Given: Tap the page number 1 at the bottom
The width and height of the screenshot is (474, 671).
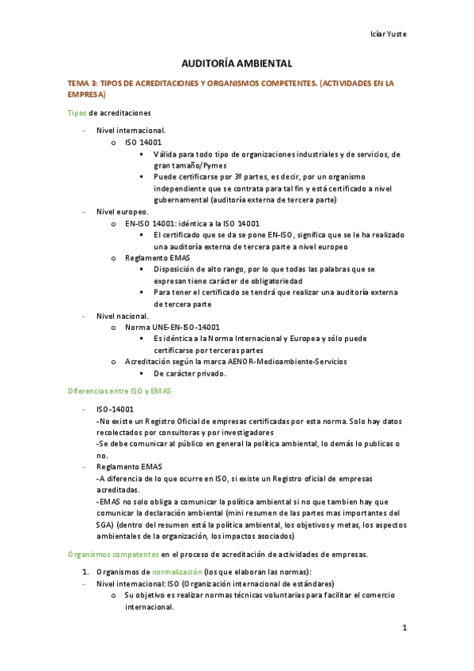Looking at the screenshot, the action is tap(404, 628).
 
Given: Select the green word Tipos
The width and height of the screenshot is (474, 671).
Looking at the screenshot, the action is tap(78, 112).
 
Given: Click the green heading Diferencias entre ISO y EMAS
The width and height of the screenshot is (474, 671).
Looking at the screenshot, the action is tap(119, 391).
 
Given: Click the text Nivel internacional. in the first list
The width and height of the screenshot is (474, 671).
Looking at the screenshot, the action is tap(131, 130).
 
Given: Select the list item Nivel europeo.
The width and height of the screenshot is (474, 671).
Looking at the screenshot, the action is tap(121, 211).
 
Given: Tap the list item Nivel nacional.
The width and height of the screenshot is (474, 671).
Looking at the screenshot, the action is tap(122, 316).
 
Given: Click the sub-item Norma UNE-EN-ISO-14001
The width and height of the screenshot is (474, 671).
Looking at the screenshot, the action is tap(173, 327).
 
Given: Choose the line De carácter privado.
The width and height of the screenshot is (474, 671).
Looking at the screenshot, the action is tap(190, 373).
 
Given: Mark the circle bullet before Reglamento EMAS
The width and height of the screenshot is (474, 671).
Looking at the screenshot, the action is tap(115, 258).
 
